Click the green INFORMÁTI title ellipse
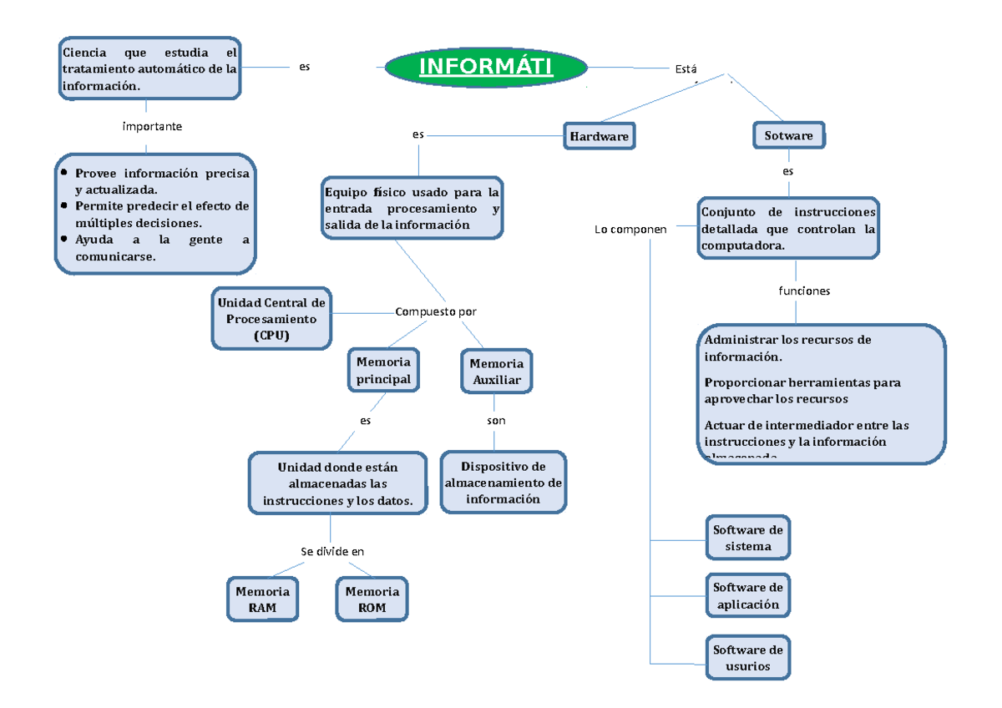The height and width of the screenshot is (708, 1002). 486,67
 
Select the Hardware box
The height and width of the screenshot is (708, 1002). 599,135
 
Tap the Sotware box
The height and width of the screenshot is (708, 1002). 788,135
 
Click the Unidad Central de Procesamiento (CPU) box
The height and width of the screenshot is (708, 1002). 271,319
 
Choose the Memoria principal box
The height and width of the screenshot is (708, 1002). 383,371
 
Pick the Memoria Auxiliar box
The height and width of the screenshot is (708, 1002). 496,372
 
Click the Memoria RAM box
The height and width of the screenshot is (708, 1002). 262,599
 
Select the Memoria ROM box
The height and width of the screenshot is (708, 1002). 372,599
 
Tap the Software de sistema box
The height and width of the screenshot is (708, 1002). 747,539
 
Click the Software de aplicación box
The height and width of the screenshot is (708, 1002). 747,596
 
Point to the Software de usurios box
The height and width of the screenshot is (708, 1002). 747,659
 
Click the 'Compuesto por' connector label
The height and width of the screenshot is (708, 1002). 435,311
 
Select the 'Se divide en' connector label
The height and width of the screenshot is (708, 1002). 332,551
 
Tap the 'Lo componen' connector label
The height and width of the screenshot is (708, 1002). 630,230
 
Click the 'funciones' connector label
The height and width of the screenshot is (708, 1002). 804,291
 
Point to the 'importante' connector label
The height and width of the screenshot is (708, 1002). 152,127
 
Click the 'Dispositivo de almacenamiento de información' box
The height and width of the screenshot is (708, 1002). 504,483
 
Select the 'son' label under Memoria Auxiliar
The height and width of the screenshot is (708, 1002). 496,421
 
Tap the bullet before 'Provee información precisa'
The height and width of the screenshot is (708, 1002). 63,174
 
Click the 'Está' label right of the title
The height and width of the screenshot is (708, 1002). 685,69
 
